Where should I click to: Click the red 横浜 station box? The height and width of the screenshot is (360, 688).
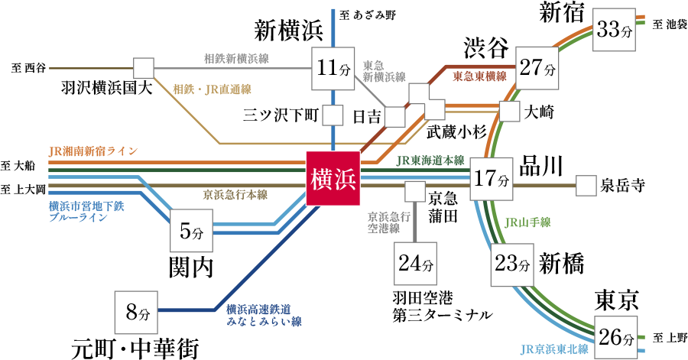coord(333,178)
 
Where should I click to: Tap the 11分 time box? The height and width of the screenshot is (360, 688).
coord(333,69)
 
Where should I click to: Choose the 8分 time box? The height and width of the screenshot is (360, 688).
coord(136,312)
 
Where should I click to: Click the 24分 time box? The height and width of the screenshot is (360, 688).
coord(415,264)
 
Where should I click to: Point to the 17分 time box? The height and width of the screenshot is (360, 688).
coord(491,180)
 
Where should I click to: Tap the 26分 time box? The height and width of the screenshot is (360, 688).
coord(615,337)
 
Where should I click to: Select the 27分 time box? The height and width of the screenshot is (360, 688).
coord(537,69)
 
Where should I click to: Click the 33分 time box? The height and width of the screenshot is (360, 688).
coord(615,30)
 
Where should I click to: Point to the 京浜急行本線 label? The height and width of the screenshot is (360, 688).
coord(235,195)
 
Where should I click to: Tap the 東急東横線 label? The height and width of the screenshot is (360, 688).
coord(479,76)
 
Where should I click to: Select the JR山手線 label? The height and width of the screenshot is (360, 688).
coord(527,223)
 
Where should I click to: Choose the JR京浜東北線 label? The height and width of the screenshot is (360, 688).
coord(554,349)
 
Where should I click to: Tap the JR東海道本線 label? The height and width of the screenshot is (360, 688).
coord(430,161)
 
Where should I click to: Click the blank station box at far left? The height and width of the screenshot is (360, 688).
coord(144,68)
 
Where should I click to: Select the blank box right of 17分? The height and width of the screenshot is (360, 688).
coord(586,186)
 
